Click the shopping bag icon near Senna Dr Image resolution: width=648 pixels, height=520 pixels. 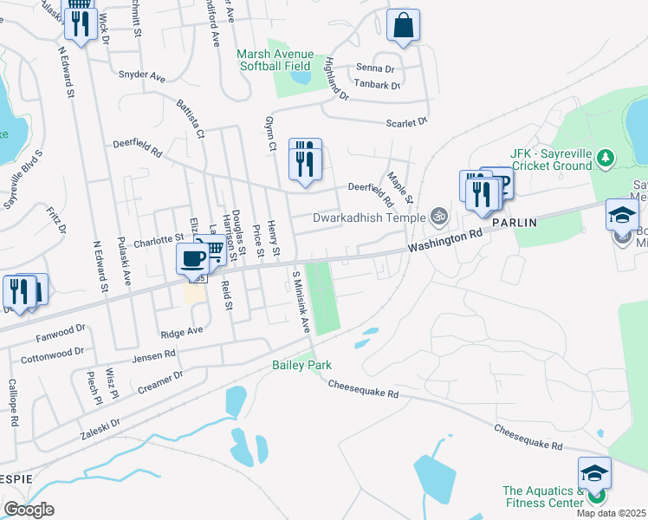click(404, 26)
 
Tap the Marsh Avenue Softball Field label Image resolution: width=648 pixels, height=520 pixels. click(275, 60)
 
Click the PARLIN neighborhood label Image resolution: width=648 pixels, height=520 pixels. click(515, 223)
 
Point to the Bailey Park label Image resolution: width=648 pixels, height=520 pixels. click(301, 366)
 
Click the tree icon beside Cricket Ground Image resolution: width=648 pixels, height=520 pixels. click(606, 158)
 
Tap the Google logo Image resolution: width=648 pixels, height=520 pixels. click(29, 510)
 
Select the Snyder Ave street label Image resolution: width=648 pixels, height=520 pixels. click(141, 76)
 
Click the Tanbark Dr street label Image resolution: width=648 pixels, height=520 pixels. click(377, 86)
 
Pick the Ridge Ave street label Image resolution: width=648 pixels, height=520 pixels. click(182, 331)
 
